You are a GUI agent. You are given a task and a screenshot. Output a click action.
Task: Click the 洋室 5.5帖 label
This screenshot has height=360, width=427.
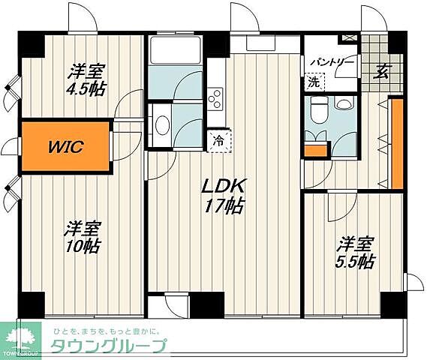[354, 253]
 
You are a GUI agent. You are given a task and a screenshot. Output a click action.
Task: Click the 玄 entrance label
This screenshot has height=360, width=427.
[382, 72]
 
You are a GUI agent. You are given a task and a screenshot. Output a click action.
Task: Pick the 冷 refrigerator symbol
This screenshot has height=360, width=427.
[218, 139]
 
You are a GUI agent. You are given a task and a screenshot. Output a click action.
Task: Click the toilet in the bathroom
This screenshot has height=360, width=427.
[317, 111]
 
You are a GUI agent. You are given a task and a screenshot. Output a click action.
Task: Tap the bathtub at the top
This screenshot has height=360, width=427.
[174, 52]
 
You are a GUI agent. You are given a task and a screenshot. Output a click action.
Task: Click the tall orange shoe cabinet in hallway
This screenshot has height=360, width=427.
[397, 142]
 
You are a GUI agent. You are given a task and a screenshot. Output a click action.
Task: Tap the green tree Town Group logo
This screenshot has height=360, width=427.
[20, 339]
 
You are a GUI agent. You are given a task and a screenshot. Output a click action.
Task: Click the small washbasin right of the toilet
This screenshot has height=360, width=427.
[344, 105]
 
